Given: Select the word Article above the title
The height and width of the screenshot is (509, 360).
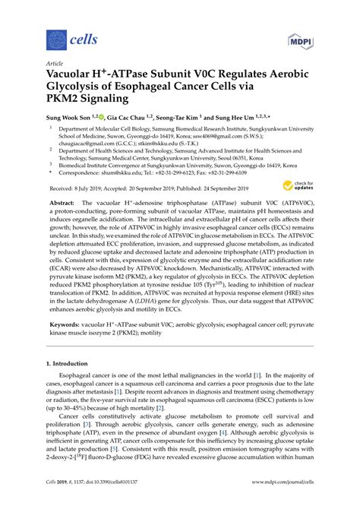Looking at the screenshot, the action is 55,63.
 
